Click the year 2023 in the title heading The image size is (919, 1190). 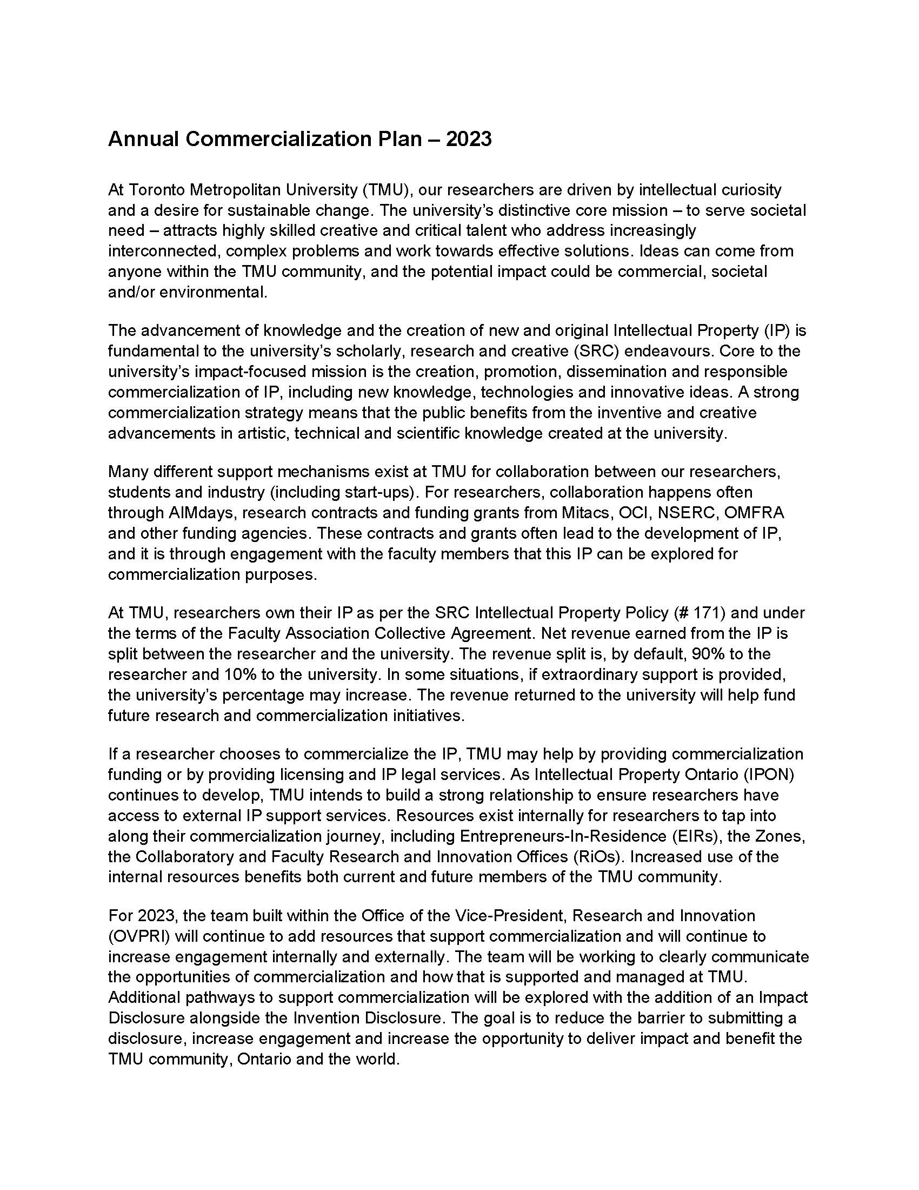[468, 139]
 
